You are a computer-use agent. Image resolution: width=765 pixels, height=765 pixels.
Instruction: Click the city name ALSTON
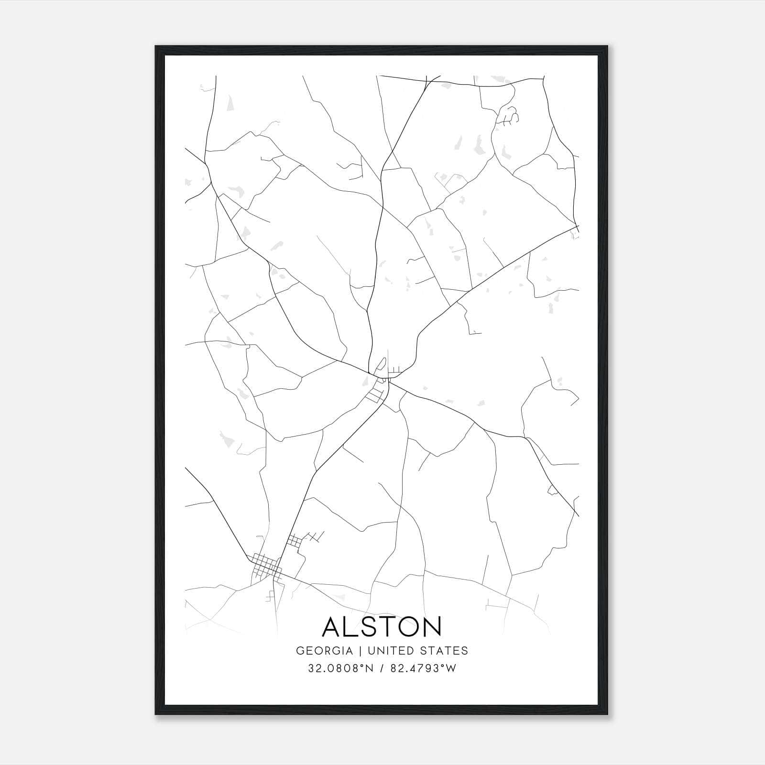coord(382,626)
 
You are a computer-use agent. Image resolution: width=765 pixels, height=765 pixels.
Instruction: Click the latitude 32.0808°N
coord(340,668)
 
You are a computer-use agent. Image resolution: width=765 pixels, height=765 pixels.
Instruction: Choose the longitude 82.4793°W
coord(424,668)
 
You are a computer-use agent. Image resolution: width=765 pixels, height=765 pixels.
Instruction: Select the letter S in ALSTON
coord(366,626)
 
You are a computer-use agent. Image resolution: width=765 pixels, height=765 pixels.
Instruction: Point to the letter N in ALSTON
coord(431,626)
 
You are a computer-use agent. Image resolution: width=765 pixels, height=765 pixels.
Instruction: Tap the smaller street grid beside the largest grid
coord(295,541)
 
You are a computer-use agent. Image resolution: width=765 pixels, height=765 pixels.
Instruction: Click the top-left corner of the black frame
coord(156,46)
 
